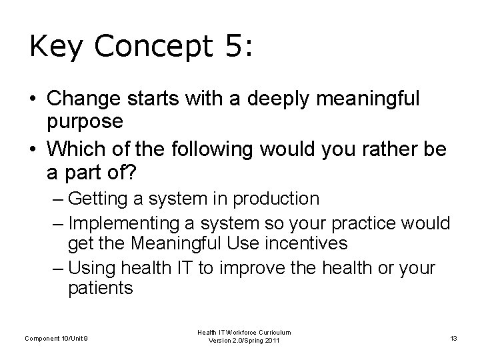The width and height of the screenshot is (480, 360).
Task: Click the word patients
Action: click(101, 289)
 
